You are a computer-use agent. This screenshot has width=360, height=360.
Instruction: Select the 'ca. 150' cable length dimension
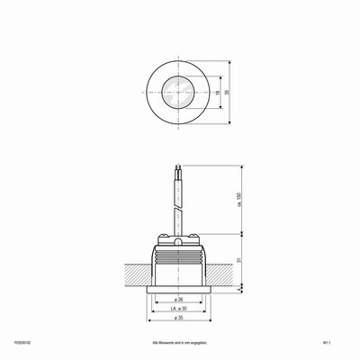[x=239, y=202]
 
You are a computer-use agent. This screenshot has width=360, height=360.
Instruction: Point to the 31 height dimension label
[x=239, y=261]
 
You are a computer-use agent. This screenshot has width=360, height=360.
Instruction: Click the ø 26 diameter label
[x=178, y=300]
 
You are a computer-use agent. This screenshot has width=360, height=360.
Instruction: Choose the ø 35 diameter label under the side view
[x=178, y=319]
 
